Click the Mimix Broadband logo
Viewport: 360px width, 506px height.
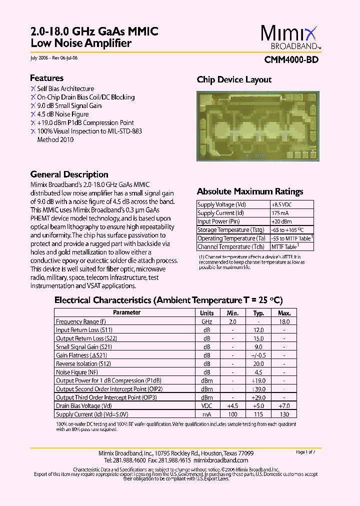pos(289,38)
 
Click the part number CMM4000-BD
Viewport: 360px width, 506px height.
pos(291,59)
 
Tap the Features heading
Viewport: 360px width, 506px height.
pos(46,78)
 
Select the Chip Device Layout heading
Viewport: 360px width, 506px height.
pos(234,79)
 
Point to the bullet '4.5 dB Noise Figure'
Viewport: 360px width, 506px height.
pos(62,114)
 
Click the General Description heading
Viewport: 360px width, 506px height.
pos(69,174)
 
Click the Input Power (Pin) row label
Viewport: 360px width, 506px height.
pos(218,221)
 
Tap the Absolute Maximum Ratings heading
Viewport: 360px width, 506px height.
pos(249,191)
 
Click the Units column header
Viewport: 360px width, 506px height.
pos(207,313)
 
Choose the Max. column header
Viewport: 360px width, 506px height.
pos(283,313)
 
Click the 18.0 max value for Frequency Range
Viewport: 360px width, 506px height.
pos(283,322)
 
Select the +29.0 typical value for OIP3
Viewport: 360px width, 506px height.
pos(258,397)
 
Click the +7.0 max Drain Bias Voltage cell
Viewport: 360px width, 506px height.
pos(283,406)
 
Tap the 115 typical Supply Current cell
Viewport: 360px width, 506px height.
pos(258,414)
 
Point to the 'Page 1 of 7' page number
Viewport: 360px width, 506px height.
pos(305,452)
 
